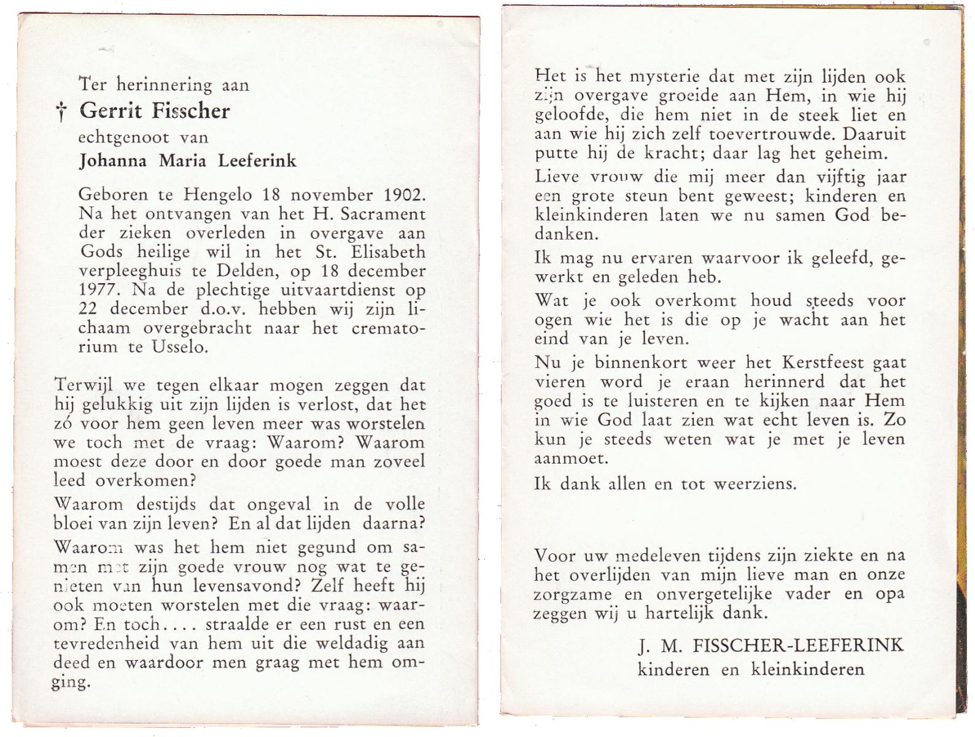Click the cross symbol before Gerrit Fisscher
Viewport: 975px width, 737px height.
[61, 112]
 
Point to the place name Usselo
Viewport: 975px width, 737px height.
[179, 346]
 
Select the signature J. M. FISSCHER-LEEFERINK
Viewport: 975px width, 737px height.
[771, 645]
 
